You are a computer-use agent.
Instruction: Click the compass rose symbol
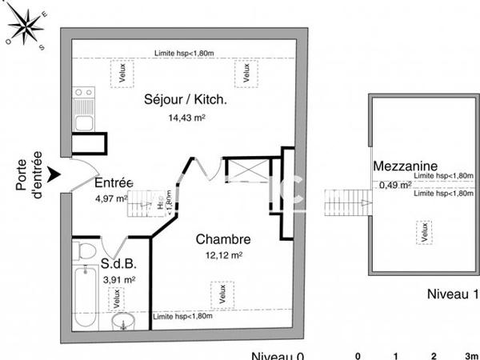(26, 29)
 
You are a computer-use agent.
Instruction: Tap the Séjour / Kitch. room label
(186, 101)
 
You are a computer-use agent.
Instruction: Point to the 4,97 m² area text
(112, 198)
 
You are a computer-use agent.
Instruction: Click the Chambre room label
(224, 239)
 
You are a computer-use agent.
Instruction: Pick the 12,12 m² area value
(225, 255)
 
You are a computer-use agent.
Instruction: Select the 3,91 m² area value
(119, 280)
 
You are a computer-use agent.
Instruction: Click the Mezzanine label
(405, 166)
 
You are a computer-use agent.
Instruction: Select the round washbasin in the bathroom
(122, 322)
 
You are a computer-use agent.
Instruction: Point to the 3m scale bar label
(471, 355)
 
